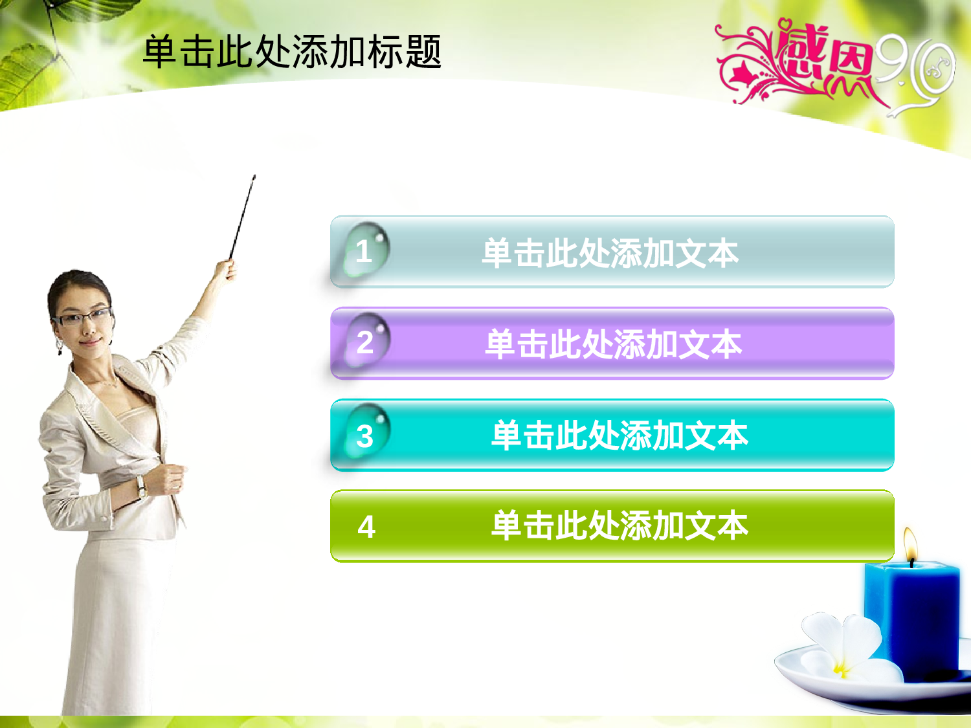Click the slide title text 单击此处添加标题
(x=291, y=52)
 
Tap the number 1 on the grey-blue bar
(x=364, y=251)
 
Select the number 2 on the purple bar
(x=365, y=342)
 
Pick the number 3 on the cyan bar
(x=365, y=436)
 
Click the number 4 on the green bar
(x=366, y=527)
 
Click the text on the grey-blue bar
(x=610, y=253)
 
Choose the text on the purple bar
(x=613, y=344)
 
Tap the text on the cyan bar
(x=619, y=436)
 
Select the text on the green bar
(x=619, y=525)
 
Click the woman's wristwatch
(x=140, y=487)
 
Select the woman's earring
(x=60, y=347)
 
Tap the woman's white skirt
(x=117, y=621)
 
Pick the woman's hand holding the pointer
(x=225, y=269)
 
